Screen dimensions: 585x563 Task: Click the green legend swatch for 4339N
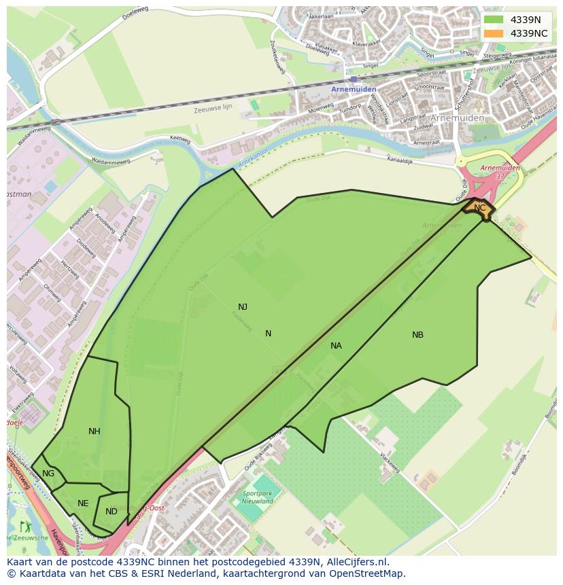pos(494,20)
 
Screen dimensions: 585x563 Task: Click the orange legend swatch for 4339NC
pos(494,33)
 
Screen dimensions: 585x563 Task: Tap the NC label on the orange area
pos(479,208)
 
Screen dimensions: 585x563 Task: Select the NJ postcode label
pos(243,306)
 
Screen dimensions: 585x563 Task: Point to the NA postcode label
pos(336,346)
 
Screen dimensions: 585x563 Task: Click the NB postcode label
pos(417,335)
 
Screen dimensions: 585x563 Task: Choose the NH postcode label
pos(94,431)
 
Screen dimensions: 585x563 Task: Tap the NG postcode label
pos(48,474)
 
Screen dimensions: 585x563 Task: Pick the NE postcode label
pos(83,503)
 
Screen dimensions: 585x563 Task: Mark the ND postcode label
pos(112,512)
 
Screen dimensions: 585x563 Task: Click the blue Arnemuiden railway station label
pos(349,89)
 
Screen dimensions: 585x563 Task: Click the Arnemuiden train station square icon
pos(354,79)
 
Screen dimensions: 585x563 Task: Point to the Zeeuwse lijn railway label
pos(213,109)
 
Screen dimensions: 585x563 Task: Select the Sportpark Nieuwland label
pos(257,497)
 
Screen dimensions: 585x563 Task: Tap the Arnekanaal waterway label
pos(251,160)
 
